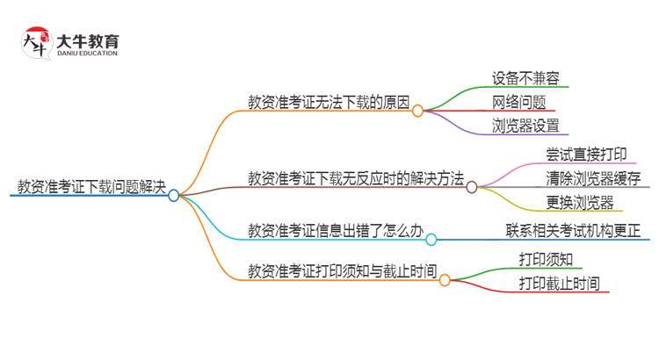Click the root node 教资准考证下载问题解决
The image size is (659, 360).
coord(91,185)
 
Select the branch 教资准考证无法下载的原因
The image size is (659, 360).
coord(329,101)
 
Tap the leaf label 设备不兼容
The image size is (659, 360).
coord(525,77)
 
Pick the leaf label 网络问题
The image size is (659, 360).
coord(518,102)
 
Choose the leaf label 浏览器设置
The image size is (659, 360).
coord(525,126)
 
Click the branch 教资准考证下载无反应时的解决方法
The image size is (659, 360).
coord(356,177)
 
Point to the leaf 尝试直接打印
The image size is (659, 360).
coord(586,154)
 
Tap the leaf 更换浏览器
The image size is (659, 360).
coord(580,203)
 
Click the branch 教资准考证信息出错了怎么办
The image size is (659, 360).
coord(336,233)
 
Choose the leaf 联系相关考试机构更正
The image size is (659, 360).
coord(573,233)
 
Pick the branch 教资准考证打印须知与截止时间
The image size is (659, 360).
coord(343,270)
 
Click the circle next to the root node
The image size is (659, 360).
coord(174,196)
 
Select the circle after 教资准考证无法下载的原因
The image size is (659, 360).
coord(417,111)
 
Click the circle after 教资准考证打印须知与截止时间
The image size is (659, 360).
coord(445,280)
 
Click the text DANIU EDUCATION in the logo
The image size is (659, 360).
coord(87,53)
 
